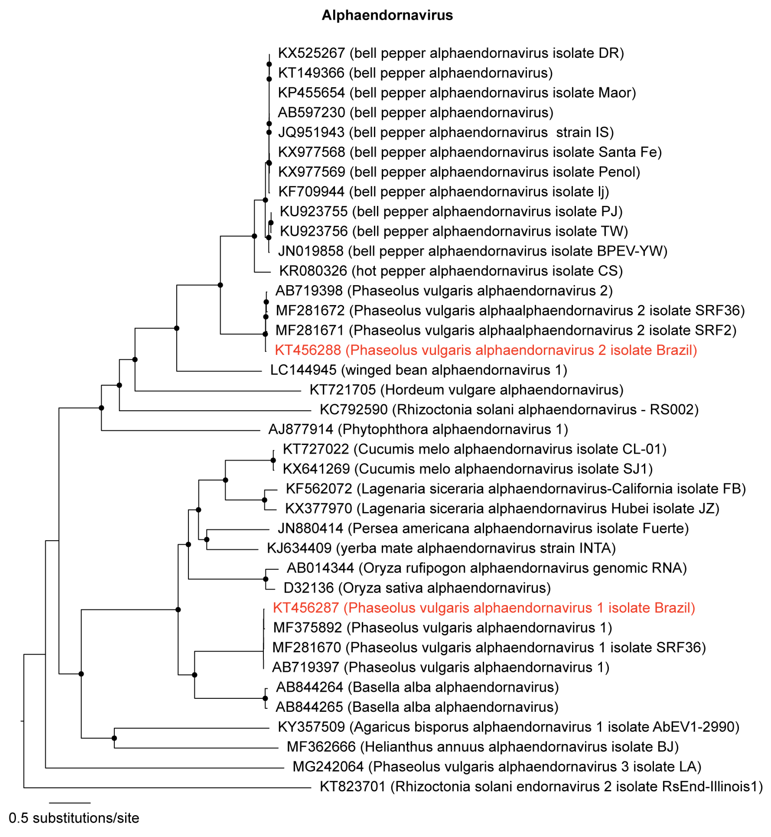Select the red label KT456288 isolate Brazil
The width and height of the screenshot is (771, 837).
coord(486,350)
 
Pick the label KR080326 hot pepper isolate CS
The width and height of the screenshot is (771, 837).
coord(451,271)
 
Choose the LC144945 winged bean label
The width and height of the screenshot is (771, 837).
coord(418,370)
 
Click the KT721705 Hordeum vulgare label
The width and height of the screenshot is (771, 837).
coord(466,390)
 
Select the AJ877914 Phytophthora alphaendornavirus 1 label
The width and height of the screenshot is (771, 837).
coord(418,430)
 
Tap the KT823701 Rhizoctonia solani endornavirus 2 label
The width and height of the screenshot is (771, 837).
coord(541,787)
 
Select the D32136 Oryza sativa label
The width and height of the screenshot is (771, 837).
coord(417,588)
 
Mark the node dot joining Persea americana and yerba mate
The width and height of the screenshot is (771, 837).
coord(206,539)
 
